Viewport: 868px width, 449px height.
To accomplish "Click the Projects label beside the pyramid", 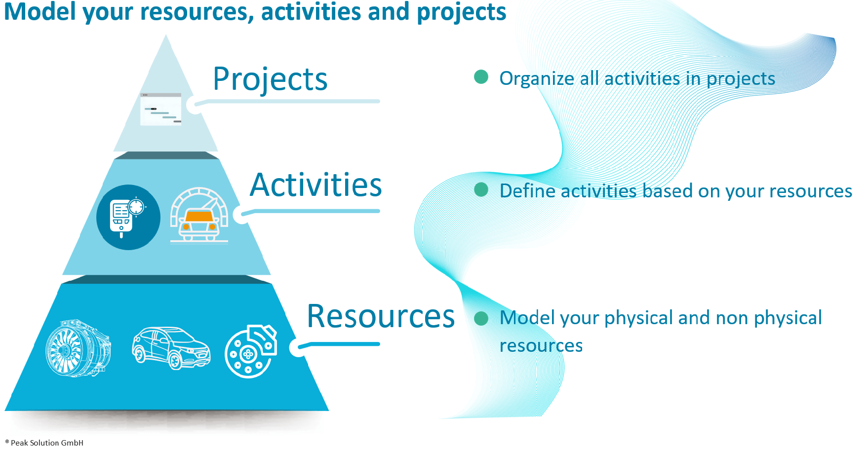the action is click(270, 80).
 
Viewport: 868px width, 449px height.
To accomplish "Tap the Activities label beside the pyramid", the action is click(316, 185).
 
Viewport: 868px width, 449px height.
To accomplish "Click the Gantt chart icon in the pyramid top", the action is click(161, 109).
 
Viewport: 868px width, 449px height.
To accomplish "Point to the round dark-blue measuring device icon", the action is click(128, 218).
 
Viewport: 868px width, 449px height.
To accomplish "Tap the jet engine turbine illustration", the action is click(78, 348).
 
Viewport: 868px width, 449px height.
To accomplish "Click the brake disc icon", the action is click(251, 351).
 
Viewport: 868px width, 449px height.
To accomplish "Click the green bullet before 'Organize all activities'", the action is click(481, 77).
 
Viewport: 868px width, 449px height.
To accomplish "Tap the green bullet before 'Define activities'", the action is click(481, 189).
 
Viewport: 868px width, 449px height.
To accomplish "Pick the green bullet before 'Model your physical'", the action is click(481, 318).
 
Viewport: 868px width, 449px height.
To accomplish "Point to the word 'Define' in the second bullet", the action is click(527, 190).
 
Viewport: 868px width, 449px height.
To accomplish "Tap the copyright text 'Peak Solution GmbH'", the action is click(47, 443).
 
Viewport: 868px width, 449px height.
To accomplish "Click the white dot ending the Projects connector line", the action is click(195, 105).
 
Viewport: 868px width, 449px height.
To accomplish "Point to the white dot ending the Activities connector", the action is click(241, 215).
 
